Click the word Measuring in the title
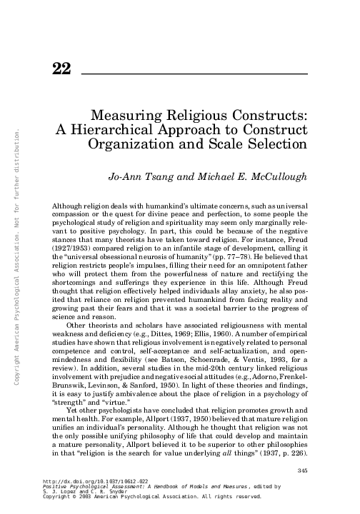[126, 114]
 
